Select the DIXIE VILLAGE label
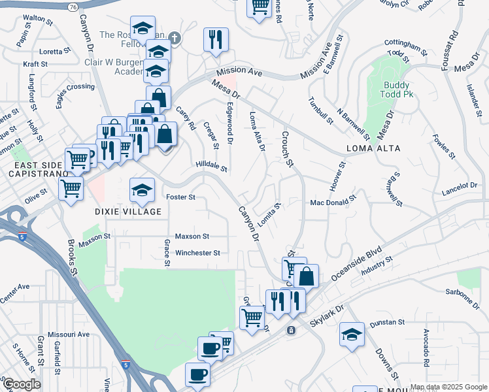[128, 212]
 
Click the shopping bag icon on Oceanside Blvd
[306, 276]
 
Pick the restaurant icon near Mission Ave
[216, 40]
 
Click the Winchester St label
[197, 252]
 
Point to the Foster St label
[181, 197]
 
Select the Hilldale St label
[211, 167]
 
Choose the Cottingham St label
[405, 48]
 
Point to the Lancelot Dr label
[459, 187]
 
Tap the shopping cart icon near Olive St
[70, 189]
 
